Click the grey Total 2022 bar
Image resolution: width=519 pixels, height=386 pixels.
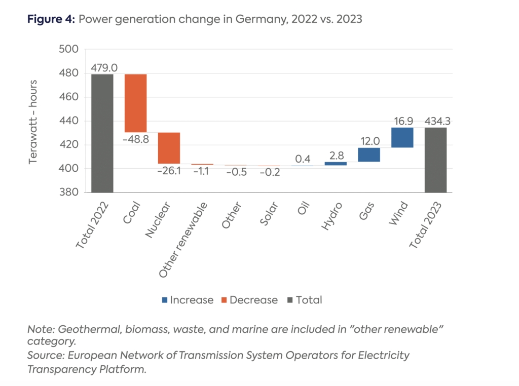click(102, 133)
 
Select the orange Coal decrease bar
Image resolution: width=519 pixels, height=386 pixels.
click(135, 103)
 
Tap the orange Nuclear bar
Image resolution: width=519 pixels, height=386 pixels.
click(169, 148)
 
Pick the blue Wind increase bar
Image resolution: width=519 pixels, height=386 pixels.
click(402, 137)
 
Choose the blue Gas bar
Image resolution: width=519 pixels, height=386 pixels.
click(369, 155)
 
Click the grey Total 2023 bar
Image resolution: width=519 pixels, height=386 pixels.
click(436, 160)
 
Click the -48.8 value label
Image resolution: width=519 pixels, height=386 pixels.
click(135, 139)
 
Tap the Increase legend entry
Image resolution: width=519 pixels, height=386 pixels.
click(188, 300)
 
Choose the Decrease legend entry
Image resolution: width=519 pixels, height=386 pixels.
click(249, 300)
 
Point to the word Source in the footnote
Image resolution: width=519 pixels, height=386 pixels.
click(43, 356)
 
